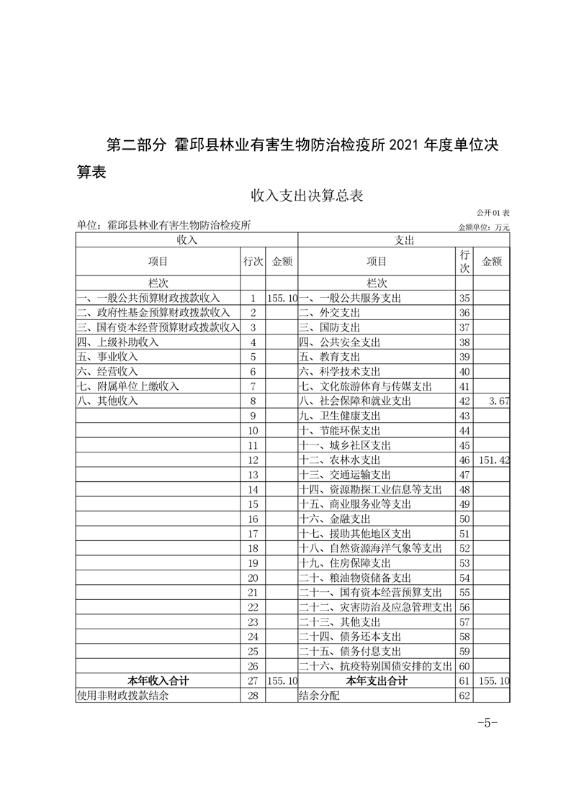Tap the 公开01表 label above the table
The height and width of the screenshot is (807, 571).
pos(493,214)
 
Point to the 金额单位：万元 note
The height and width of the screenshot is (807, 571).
pos(483,227)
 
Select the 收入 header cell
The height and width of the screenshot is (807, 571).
pos(186,240)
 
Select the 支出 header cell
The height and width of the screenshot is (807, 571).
pos(403,240)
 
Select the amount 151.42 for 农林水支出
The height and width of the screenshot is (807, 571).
pos(494,460)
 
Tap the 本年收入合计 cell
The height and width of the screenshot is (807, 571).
pos(158,680)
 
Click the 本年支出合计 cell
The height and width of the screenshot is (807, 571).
pos(377,680)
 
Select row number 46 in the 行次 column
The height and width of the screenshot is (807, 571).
pos(464,460)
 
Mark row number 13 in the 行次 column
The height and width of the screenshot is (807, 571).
pos(252,475)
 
